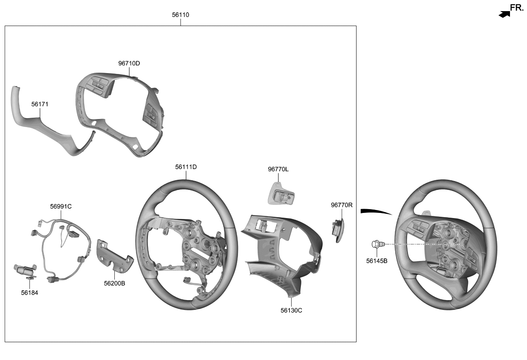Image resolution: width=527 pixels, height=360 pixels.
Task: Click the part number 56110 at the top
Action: (x=180, y=15)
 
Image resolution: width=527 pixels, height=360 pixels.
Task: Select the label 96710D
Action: (x=129, y=63)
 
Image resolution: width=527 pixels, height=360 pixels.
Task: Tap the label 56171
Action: (x=40, y=104)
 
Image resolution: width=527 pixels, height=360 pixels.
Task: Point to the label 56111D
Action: (x=186, y=167)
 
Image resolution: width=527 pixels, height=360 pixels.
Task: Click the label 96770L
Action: (x=278, y=169)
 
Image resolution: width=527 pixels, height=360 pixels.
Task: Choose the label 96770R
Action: (x=342, y=205)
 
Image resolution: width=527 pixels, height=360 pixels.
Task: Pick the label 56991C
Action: (x=61, y=207)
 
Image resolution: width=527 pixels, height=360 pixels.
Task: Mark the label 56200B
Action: (x=114, y=283)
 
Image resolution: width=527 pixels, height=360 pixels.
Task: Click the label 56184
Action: (x=29, y=292)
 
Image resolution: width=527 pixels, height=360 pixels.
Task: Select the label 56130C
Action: (x=291, y=310)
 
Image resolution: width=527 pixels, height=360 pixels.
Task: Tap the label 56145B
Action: (x=377, y=261)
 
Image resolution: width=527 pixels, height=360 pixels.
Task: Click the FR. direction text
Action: (x=517, y=8)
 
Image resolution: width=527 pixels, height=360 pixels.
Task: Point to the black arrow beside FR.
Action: (x=504, y=14)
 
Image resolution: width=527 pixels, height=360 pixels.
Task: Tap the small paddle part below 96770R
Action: (x=338, y=230)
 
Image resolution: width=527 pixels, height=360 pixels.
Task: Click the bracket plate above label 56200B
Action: (x=113, y=256)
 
